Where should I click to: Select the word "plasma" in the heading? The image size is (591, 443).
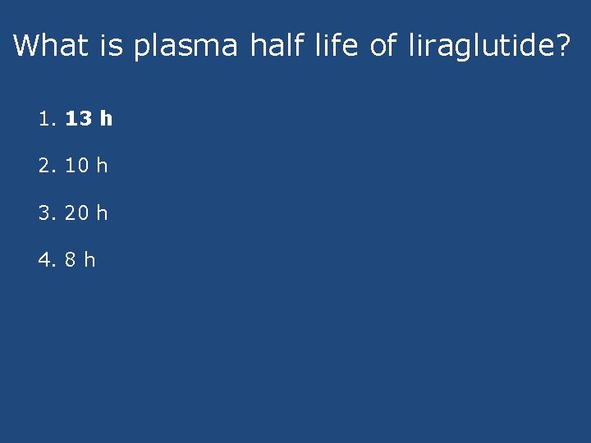[x=184, y=47]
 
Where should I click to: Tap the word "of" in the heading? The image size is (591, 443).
[x=383, y=45]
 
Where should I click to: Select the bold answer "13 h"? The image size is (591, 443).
[x=89, y=119]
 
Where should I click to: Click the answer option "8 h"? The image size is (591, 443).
[x=80, y=260]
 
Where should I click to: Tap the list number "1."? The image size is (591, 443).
[x=47, y=119]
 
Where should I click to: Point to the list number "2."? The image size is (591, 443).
[x=47, y=166]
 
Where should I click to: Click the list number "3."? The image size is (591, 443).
[x=47, y=213]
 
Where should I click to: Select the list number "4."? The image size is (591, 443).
[x=47, y=260]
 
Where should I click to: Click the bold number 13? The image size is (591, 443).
[x=78, y=119]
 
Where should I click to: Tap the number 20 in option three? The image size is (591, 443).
[x=76, y=213]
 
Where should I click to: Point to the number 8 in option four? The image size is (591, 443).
[x=71, y=260]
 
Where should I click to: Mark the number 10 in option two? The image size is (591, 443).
[x=76, y=166]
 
